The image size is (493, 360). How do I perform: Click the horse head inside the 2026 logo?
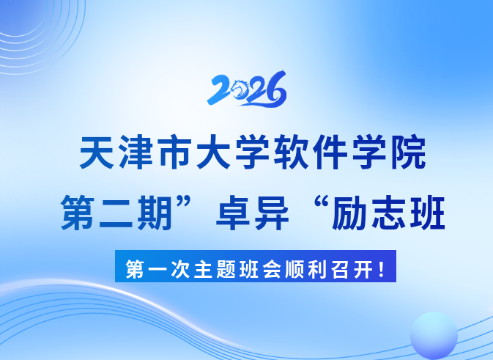click(240, 88)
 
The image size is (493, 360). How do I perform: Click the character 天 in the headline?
click(97, 153)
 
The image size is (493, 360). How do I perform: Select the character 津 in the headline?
click(136, 153)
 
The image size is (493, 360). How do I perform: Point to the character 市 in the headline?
click(175, 153)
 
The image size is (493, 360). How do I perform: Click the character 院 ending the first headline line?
click(409, 153)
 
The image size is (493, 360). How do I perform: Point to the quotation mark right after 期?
click(184, 202)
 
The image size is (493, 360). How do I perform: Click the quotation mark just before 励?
click(321, 202)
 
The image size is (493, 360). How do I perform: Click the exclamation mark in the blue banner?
click(382, 269)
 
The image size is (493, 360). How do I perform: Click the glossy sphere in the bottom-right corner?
click(434, 335)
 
